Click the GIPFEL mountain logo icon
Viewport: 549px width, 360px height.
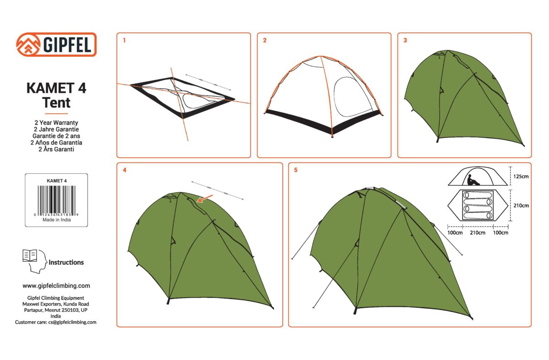pos(28,44)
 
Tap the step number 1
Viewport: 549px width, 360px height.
pos(124,40)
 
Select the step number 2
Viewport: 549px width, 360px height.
pos(265,40)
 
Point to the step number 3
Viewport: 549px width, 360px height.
pos(405,40)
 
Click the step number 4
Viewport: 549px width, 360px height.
pos(124,170)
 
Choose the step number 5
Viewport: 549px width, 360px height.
pos(296,170)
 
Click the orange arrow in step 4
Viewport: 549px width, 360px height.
pos(205,199)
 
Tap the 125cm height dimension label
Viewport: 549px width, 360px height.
pos(521,177)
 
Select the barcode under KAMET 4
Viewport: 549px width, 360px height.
pos(56,199)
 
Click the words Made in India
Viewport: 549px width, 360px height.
pos(57,220)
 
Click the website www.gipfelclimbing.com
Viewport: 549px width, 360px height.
pos(56,286)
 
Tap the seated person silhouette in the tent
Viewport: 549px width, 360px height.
pos(473,180)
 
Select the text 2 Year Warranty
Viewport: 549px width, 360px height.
pos(56,123)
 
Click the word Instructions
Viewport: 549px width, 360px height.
pos(66,263)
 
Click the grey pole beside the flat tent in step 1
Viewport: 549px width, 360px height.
pos(208,82)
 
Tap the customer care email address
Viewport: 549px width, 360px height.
pos(72,322)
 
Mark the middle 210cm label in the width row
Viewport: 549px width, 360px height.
pos(478,232)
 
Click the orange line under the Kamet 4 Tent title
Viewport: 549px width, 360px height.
pos(56,114)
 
